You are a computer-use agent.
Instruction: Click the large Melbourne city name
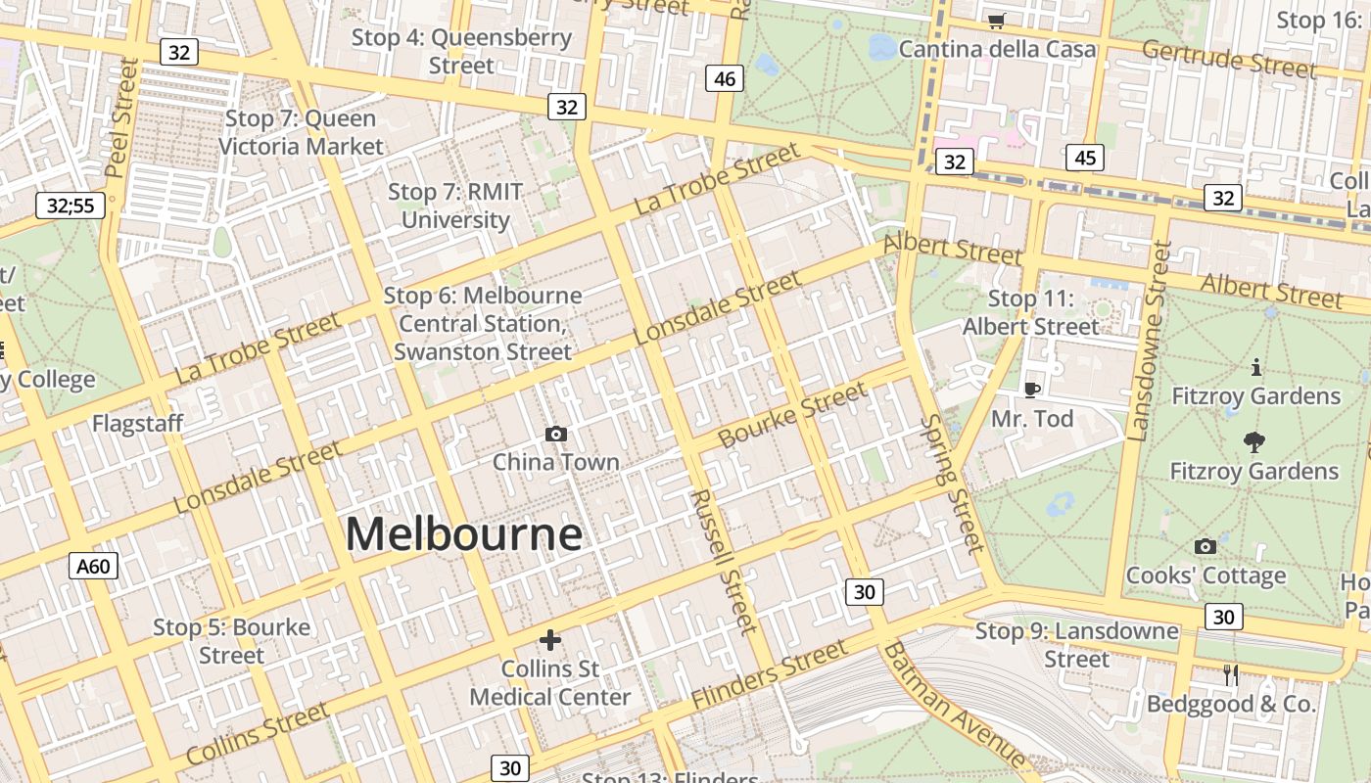click(463, 534)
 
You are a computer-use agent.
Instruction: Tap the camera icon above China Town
click(556, 434)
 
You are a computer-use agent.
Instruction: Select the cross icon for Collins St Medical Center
click(550, 640)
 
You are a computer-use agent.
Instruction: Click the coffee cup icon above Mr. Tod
click(1031, 390)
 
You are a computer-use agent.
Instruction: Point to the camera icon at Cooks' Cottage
click(1206, 546)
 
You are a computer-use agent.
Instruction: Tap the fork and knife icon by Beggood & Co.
click(1231, 674)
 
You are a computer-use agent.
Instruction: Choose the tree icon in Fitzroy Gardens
click(1253, 442)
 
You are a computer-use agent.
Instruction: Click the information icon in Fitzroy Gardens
click(1255, 368)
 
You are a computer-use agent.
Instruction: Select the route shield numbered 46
click(725, 78)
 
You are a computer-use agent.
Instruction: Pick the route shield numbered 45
click(1084, 158)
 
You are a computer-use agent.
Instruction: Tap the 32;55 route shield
click(71, 206)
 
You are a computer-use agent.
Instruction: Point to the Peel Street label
click(122, 117)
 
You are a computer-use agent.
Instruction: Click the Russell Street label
click(723, 560)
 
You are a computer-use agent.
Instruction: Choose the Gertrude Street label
click(1228, 59)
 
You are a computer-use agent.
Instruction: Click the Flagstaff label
click(137, 424)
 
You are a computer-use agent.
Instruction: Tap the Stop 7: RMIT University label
click(455, 206)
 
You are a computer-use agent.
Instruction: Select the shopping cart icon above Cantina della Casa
click(997, 21)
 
